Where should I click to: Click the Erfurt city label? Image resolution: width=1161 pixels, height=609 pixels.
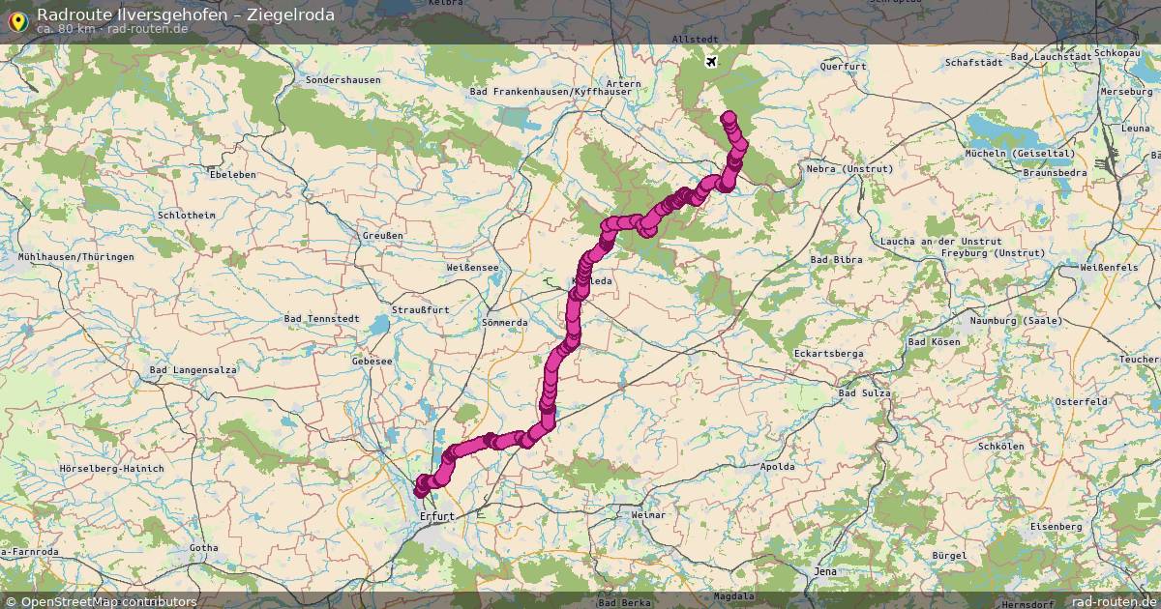(437, 516)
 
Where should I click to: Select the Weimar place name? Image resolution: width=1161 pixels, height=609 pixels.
(647, 515)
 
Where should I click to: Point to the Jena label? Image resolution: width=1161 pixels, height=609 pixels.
(825, 571)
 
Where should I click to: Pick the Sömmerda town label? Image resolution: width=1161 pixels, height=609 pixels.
(503, 322)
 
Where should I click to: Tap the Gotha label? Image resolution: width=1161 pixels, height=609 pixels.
(204, 548)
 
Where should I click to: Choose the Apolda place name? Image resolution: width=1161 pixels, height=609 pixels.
(777, 467)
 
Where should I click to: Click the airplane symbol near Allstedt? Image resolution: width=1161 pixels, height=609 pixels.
(712, 63)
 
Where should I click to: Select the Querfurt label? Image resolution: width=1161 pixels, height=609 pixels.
(843, 67)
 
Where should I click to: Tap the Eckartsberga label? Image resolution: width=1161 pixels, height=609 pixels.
(828, 354)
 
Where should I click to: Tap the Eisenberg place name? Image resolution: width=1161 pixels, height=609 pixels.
(1056, 527)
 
